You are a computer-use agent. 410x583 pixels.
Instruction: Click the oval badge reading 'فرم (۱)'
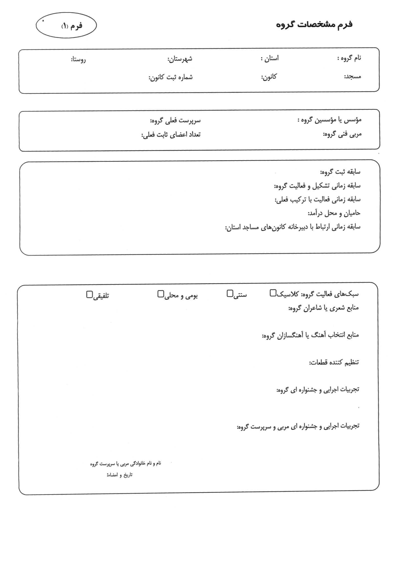tap(66, 25)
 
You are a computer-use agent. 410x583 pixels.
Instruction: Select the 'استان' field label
tap(270, 59)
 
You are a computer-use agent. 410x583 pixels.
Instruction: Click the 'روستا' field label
tap(78, 60)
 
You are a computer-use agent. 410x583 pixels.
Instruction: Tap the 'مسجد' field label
tap(352, 76)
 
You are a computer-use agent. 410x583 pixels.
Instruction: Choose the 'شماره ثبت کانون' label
tap(170, 77)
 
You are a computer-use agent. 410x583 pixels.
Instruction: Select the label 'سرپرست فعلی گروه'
tap(175, 121)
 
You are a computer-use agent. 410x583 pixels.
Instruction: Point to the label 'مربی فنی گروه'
tap(342, 134)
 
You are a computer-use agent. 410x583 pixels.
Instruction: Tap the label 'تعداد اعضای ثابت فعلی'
tap(171, 135)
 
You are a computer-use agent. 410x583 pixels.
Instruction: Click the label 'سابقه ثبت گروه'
tap(340, 172)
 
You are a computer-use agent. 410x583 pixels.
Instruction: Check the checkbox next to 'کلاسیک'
tap(273, 293)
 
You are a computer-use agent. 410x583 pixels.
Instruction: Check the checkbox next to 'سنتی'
tap(230, 293)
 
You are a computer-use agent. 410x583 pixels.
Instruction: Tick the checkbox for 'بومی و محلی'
tap(160, 294)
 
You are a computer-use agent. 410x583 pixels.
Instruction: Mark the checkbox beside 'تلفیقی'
tap(89, 294)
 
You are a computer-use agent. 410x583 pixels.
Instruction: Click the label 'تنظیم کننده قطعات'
tap(334, 362)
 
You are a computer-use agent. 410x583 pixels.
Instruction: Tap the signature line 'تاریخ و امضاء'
tap(119, 475)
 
